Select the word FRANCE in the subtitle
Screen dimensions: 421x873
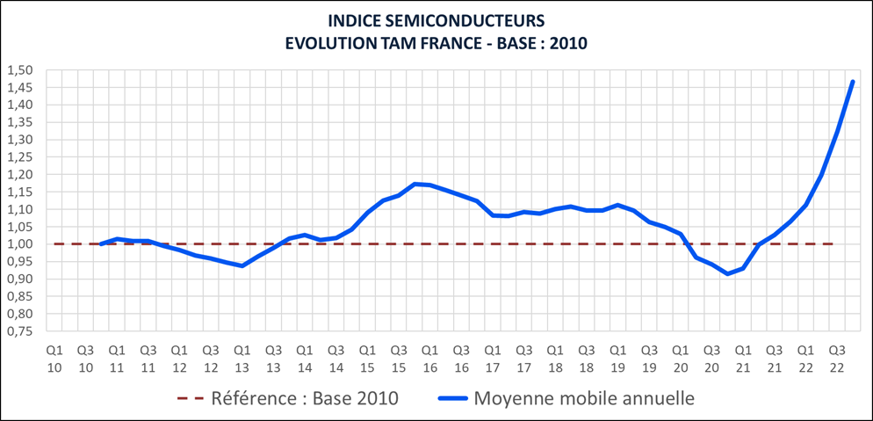coord(439,42)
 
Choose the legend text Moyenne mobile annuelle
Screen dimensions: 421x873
coord(584,398)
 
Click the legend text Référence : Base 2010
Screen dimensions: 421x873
coord(305,398)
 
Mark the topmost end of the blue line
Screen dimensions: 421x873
coord(853,82)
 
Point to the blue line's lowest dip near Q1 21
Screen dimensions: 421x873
coord(727,274)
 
